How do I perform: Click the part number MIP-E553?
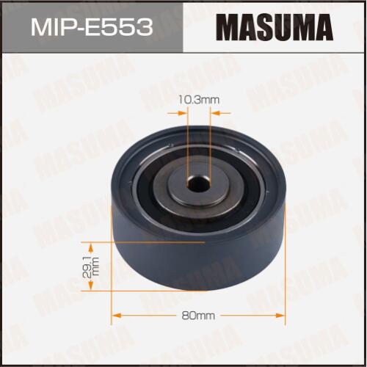[x=92, y=28]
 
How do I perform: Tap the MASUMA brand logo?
[x=275, y=27]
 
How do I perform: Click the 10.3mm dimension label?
[x=198, y=100]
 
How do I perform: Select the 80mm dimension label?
[x=198, y=316]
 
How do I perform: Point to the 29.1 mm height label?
[x=91, y=266]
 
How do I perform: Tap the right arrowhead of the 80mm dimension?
[x=280, y=316]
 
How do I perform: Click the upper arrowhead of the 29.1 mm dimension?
[x=91, y=247]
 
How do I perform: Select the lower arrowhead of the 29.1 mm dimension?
[x=91, y=286]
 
